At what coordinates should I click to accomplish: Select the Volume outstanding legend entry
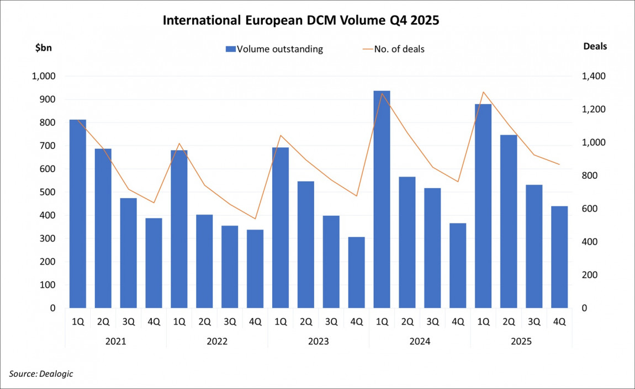point(274,49)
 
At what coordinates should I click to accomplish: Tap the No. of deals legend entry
point(393,49)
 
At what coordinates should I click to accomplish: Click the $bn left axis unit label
point(44,47)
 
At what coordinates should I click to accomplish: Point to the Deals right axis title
point(595,46)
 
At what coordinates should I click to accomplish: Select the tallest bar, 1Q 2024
point(382,199)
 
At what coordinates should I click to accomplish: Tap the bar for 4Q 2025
point(559,257)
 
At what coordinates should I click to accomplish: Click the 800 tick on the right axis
point(591,176)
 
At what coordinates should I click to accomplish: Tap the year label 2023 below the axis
point(319,342)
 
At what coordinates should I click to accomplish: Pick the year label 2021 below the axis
point(115,342)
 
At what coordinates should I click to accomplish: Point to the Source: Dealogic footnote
point(41,374)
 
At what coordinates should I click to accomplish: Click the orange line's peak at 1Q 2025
point(483,92)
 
